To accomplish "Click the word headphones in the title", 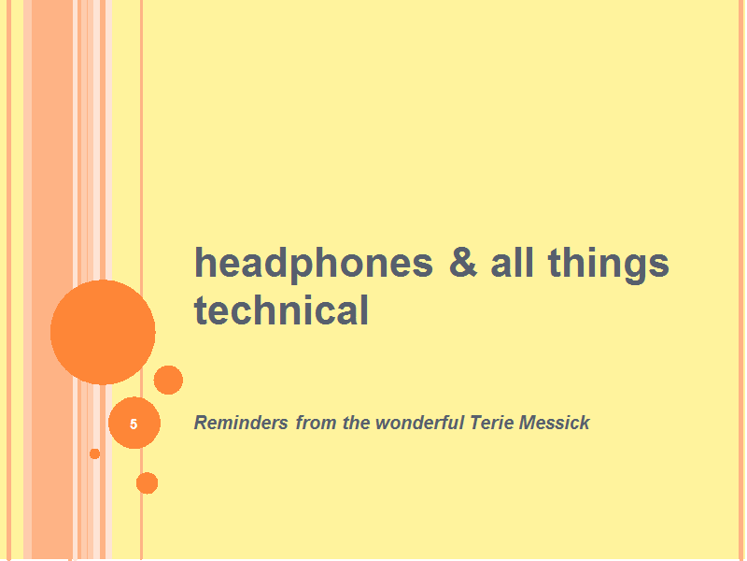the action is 314,265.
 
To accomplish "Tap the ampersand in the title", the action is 463,262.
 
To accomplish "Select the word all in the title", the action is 512,262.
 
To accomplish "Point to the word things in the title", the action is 609,265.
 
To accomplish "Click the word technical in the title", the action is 281,309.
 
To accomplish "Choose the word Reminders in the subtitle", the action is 241,423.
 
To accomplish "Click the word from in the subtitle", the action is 317,423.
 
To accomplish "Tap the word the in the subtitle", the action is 357,423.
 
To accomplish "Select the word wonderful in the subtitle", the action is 419,423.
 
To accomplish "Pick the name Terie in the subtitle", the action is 492,423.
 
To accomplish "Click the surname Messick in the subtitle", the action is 555,423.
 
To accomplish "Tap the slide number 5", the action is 134,424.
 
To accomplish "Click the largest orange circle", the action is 103,332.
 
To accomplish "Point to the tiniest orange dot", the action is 95,453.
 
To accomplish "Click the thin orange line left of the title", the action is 142,280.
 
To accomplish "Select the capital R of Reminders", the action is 201,423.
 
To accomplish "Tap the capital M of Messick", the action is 528,423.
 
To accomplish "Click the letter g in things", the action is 636,268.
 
